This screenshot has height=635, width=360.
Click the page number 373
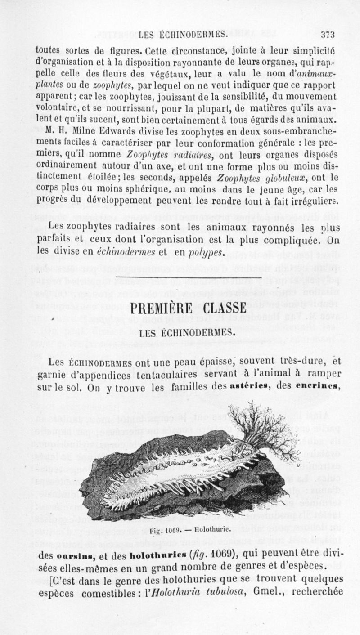point(328,35)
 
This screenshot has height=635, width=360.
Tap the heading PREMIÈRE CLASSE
point(188,310)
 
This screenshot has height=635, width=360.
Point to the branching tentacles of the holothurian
point(263,427)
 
